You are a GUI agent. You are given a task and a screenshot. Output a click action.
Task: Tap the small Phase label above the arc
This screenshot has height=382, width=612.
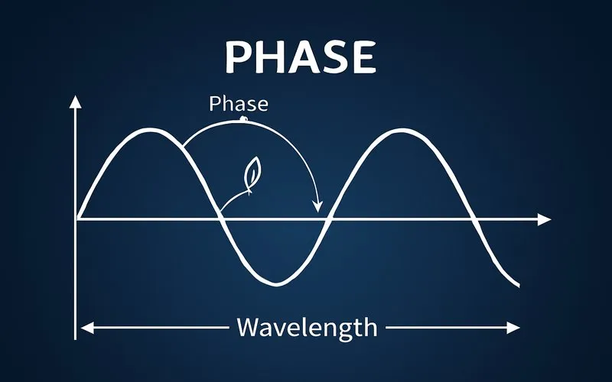(x=239, y=105)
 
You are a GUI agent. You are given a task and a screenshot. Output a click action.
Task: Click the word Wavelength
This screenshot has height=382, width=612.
(x=307, y=327)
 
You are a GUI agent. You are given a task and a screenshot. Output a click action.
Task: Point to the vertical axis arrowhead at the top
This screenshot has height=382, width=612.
(x=76, y=102)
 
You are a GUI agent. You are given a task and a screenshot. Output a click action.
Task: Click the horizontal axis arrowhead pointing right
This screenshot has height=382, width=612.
(x=544, y=220)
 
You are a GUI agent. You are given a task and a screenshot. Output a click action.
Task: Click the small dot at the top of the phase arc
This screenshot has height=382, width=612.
(x=243, y=119)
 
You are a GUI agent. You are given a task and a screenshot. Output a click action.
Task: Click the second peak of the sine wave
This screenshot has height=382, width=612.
(x=400, y=131)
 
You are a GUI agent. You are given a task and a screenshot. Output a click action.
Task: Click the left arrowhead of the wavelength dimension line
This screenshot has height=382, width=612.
(x=86, y=328)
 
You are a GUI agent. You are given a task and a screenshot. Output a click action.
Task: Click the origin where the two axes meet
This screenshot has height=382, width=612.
(x=76, y=220)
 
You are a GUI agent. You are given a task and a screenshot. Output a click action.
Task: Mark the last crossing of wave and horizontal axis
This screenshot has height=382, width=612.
(x=475, y=220)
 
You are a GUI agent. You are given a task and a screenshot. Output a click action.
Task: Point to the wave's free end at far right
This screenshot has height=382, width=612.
(x=519, y=284)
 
